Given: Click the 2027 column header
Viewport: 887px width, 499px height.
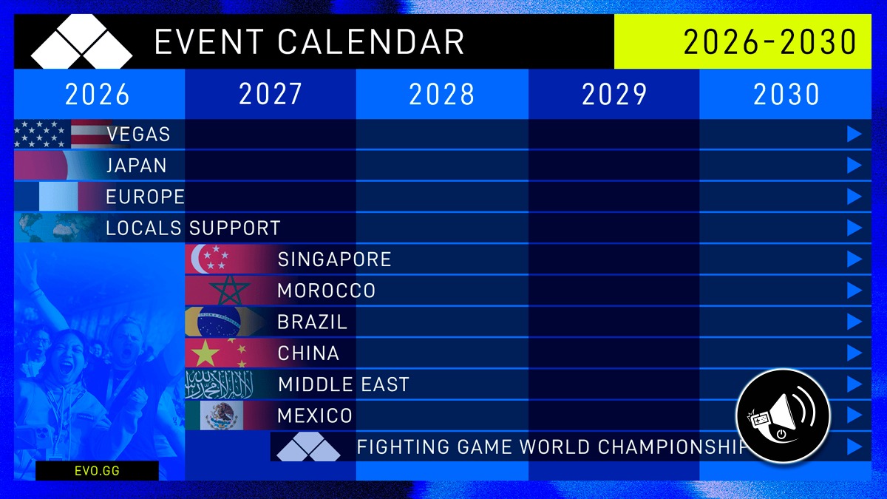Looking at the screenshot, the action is tap(271, 95).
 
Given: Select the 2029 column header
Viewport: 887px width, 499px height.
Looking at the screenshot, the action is tap(614, 95).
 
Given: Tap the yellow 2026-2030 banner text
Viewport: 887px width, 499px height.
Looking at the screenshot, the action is tap(769, 41).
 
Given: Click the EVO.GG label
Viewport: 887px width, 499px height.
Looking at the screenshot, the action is tap(97, 470).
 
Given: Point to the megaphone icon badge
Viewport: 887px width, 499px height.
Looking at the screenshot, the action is tap(783, 415).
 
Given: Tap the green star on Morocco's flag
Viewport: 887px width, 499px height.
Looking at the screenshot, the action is tap(230, 291).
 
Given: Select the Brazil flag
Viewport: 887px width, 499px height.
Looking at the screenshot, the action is tap(225, 322).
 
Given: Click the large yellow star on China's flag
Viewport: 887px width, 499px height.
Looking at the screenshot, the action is tap(205, 353).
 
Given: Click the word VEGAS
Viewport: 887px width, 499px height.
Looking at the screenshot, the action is tap(138, 135).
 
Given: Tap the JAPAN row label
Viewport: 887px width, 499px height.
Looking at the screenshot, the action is tap(136, 166).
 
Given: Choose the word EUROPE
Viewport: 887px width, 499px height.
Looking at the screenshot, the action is tap(146, 197).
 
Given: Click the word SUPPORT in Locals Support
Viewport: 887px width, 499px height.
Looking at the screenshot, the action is tap(234, 228).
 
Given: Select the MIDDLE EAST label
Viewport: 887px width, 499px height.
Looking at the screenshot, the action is tap(344, 384).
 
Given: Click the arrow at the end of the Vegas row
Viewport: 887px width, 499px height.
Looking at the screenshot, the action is tap(854, 135).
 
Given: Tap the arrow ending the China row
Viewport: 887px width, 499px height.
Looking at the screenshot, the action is tap(854, 353).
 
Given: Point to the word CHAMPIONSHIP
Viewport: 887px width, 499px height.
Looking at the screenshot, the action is tap(671, 447).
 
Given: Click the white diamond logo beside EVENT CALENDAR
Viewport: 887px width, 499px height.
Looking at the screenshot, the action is tap(81, 41).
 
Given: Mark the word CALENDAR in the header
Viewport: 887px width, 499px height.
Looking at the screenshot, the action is tap(370, 41).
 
